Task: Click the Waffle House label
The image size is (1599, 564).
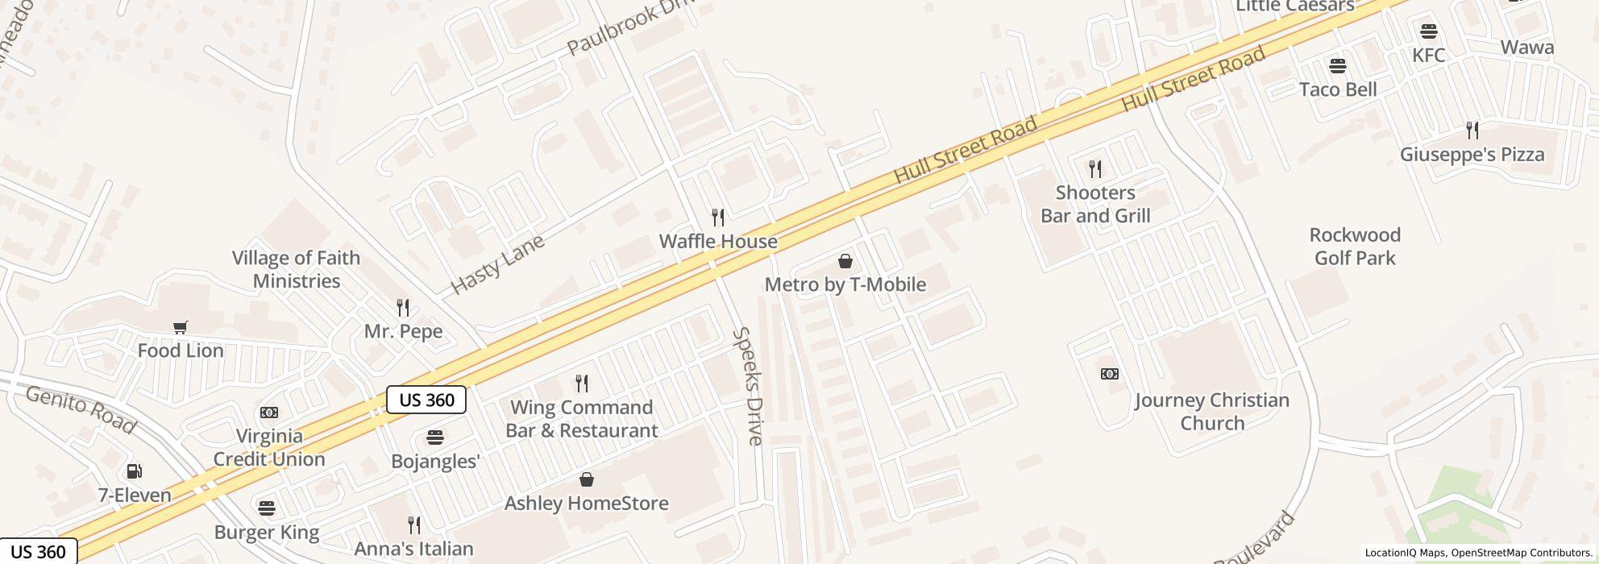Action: pos(718,241)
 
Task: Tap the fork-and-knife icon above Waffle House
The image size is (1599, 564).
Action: pos(718,217)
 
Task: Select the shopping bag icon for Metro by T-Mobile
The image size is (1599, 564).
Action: pos(845,261)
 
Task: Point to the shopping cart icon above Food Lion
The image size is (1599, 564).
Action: pos(181,327)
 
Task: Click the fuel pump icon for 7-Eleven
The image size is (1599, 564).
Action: pos(135,471)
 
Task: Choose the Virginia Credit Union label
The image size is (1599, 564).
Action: pos(269,447)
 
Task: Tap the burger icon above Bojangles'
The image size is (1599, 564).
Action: pos(435,438)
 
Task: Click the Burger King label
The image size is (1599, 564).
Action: pos(267,533)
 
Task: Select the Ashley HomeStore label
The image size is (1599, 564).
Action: pos(587,504)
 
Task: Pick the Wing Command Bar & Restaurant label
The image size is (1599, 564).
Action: pos(582,419)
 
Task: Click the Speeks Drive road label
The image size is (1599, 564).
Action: pos(748,386)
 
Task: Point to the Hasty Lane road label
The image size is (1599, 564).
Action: pos(496,263)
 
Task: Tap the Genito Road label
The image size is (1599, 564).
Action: pos(80,408)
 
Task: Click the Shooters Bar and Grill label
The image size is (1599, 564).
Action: pos(1095,204)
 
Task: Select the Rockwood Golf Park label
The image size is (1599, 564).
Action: pos(1355,247)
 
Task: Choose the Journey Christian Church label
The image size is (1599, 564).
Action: pos(1212,412)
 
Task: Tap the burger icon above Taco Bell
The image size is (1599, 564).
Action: pos(1338,65)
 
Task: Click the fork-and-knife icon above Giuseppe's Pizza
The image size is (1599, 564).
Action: pos(1472,130)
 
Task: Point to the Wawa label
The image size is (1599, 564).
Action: pos(1527,48)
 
